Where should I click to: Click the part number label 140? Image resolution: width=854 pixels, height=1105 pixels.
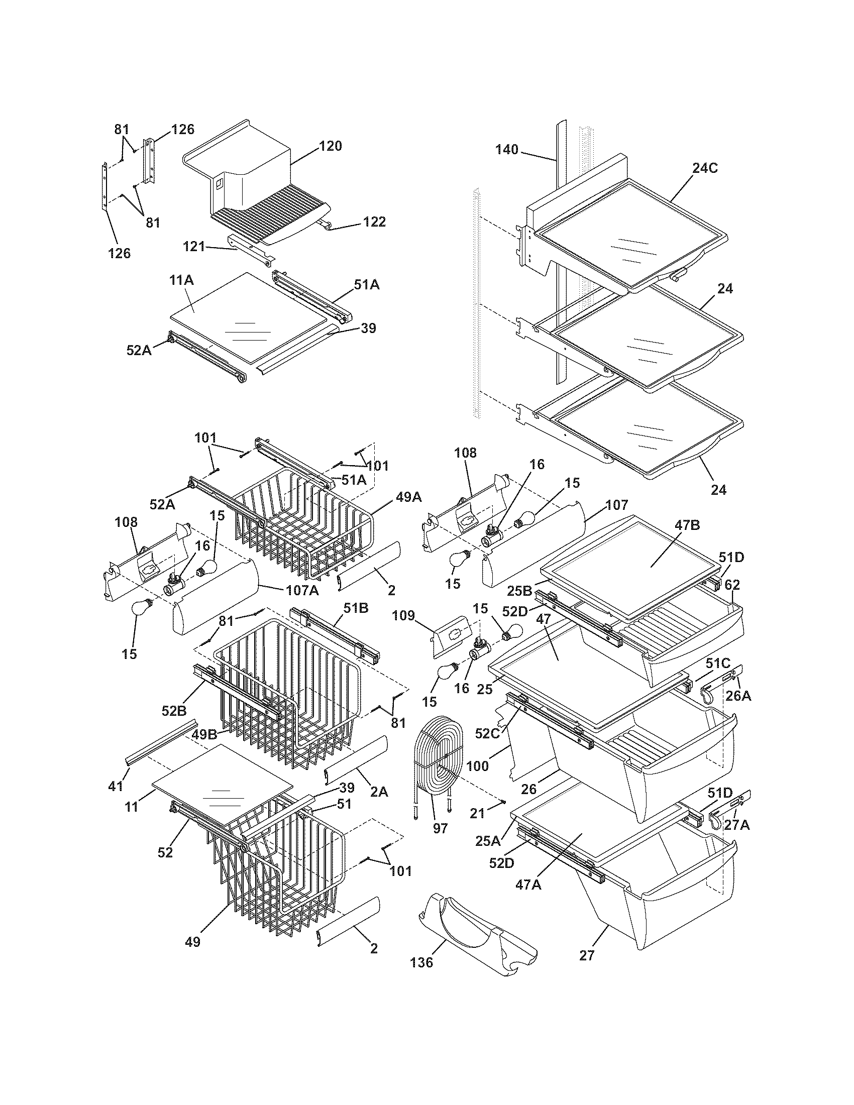[506, 149]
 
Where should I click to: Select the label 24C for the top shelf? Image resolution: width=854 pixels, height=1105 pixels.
[705, 168]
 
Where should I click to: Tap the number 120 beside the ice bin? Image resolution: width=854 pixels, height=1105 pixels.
[331, 146]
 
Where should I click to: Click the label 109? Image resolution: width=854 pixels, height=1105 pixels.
[404, 616]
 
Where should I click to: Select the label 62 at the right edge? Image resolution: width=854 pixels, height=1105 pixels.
[732, 585]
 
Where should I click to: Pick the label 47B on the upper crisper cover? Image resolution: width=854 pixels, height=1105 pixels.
[688, 525]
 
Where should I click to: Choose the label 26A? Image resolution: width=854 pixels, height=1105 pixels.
[738, 696]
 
